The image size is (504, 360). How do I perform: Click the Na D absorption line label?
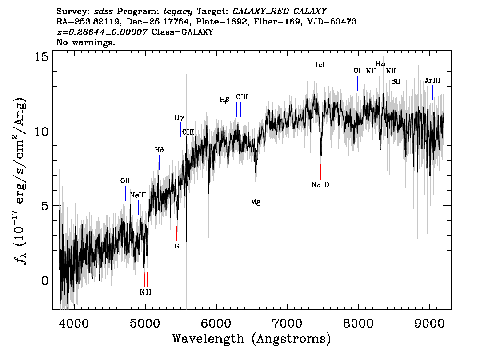click(320, 184)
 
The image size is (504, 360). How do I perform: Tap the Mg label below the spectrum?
click(256, 202)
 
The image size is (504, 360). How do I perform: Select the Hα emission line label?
click(380, 64)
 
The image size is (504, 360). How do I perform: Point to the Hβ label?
click(225, 100)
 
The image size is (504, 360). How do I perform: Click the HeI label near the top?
click(319, 64)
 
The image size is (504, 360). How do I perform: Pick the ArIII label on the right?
click(432, 81)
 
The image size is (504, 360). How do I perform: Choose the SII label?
click(396, 82)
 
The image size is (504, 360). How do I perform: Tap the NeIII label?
click(138, 195)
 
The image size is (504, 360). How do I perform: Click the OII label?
click(125, 180)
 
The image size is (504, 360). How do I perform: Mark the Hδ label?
click(159, 150)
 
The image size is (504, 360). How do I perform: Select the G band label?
click(176, 246)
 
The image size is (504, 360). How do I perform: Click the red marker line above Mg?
click(256, 189)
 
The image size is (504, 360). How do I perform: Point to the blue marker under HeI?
click(319, 77)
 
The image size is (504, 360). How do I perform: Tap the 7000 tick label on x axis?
click(288, 324)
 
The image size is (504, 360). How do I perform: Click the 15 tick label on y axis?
click(41, 57)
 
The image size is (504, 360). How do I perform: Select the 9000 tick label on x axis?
click(429, 324)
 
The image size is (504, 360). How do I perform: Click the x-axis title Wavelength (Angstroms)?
click(252, 339)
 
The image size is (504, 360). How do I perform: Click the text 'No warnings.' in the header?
click(85, 42)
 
